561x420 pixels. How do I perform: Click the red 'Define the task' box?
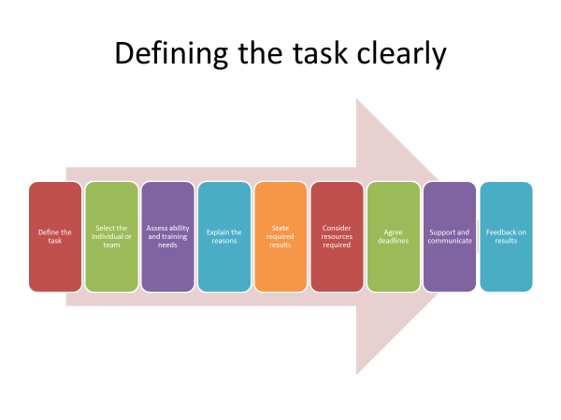55,237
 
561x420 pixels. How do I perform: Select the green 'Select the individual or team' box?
111,237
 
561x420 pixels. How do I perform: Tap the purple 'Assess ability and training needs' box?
167,237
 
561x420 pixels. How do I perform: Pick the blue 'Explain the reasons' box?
224,237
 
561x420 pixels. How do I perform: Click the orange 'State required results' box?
280,237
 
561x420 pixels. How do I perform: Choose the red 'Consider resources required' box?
337,237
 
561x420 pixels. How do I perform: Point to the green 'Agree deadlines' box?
394,237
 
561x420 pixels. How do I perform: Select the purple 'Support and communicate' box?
450,237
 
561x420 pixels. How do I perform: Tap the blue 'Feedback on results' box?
506,237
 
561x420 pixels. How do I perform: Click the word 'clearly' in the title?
402,54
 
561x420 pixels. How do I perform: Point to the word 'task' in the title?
320,54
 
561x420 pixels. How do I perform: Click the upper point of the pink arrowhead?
357,99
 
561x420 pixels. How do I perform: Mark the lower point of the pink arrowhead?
357,374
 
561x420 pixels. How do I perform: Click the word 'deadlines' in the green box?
394,241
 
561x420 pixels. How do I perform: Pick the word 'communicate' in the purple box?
450,241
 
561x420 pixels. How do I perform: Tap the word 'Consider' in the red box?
337,228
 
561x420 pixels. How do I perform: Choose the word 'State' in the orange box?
280,228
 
